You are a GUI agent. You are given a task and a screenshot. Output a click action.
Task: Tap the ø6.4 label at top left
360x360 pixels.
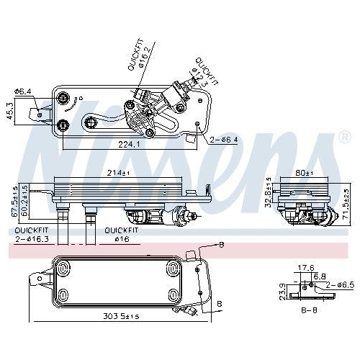point(24,91)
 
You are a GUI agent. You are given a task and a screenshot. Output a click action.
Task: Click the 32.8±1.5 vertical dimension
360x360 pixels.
point(269,194)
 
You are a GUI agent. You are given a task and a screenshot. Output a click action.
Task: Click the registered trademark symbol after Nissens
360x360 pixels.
point(341,137)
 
